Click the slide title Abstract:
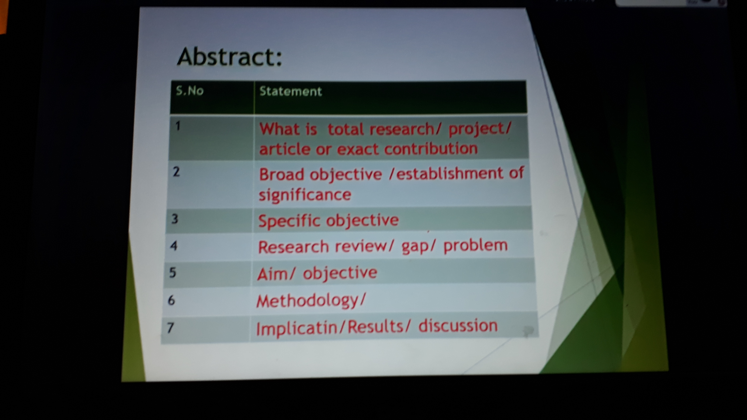[229, 57]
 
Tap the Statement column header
[291, 91]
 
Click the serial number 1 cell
[178, 126]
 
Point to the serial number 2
[176, 172]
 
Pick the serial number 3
[175, 219]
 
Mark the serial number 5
[172, 272]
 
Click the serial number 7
[170, 328]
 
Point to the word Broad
[282, 175]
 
